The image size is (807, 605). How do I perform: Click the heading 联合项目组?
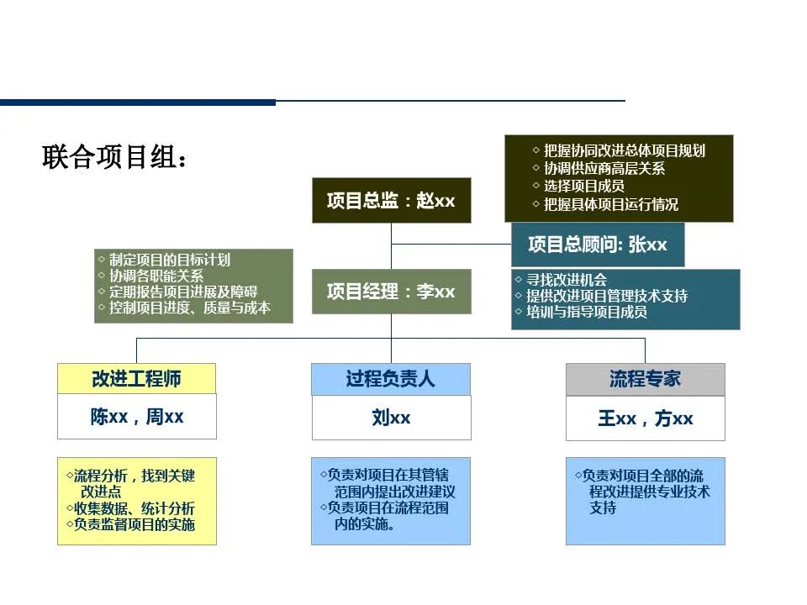click(113, 157)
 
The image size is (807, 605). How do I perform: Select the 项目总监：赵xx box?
click(391, 201)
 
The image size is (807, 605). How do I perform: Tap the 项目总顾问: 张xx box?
click(598, 245)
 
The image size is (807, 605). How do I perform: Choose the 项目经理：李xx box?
click(391, 292)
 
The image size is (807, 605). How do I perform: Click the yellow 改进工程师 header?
click(136, 379)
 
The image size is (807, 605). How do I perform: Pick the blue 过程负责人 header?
click(390, 379)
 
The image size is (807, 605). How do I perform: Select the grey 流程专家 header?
click(645, 379)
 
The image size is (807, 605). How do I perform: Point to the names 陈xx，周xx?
click(136, 417)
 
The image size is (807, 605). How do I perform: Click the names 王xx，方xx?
click(645, 418)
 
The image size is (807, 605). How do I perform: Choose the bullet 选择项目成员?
click(583, 187)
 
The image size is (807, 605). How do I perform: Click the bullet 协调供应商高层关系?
click(604, 169)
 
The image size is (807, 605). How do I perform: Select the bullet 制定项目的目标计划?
click(169, 260)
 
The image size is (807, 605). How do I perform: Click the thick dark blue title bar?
click(138, 103)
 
